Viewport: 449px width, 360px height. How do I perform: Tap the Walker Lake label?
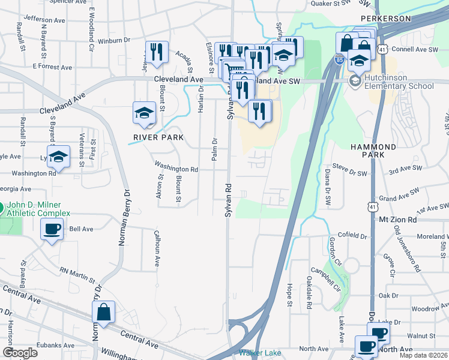(261, 353)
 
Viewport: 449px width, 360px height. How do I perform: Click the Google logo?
(20, 353)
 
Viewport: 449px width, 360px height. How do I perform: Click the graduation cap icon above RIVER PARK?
(144, 113)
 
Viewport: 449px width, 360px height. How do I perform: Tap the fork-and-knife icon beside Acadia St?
(157, 52)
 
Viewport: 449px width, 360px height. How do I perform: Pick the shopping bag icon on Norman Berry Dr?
(104, 311)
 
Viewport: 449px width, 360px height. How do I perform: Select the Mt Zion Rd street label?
(397, 220)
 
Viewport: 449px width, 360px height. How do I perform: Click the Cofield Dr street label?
(352, 235)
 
